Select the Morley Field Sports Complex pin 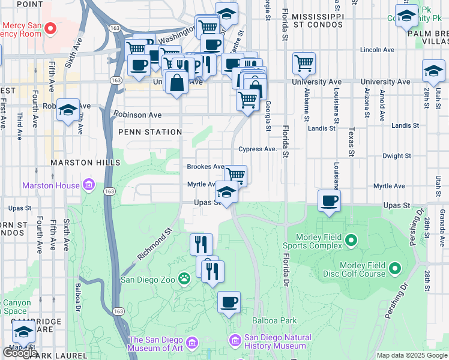coord(352,241)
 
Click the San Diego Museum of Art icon coord(192,343)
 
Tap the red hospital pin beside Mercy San coord(51,28)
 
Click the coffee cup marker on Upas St coord(329,201)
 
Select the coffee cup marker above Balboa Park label coord(229,302)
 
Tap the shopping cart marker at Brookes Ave coord(236,175)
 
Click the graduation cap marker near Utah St coord(433,70)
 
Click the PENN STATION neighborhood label coord(150,132)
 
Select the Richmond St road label coord(155,243)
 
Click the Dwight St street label coord(396,155)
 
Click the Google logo coord(20,353)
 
